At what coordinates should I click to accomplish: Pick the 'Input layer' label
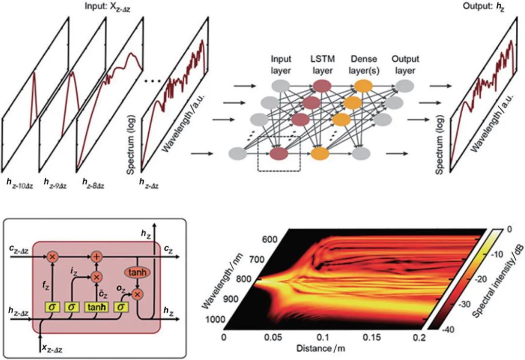[281, 65]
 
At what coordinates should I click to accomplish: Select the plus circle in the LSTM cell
[96, 255]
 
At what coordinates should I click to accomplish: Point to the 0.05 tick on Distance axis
[269, 337]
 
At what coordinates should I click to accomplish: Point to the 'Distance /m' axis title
[320, 349]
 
